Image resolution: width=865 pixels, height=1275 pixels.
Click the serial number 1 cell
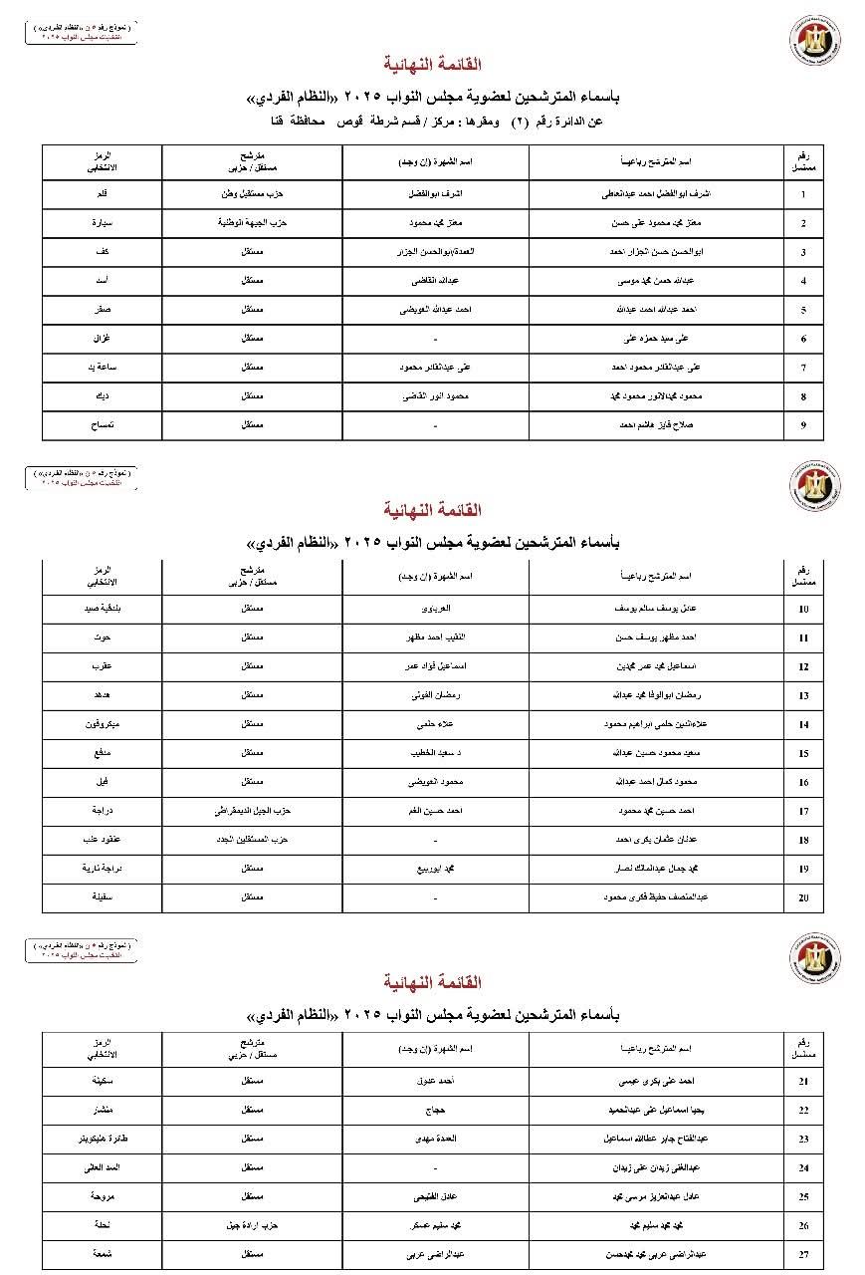tap(803, 195)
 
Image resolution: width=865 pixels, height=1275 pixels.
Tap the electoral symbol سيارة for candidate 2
tap(102, 224)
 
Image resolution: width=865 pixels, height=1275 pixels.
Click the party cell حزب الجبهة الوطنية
tap(253, 224)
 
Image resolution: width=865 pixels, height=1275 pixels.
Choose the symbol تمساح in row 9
tap(102, 426)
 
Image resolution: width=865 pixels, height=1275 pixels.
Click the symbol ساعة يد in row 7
tap(102, 369)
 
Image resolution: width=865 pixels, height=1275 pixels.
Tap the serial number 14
tap(803, 725)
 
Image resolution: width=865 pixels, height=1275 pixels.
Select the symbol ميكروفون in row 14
tap(102, 725)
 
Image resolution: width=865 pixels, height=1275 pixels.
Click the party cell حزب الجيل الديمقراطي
tap(253, 812)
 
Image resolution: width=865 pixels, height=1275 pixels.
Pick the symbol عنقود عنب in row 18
tap(102, 841)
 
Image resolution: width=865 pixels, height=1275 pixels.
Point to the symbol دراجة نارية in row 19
tap(102, 870)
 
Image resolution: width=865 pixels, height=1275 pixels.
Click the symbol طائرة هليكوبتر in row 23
tap(102, 1139)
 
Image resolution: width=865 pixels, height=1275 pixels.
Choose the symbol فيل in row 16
tap(102, 783)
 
